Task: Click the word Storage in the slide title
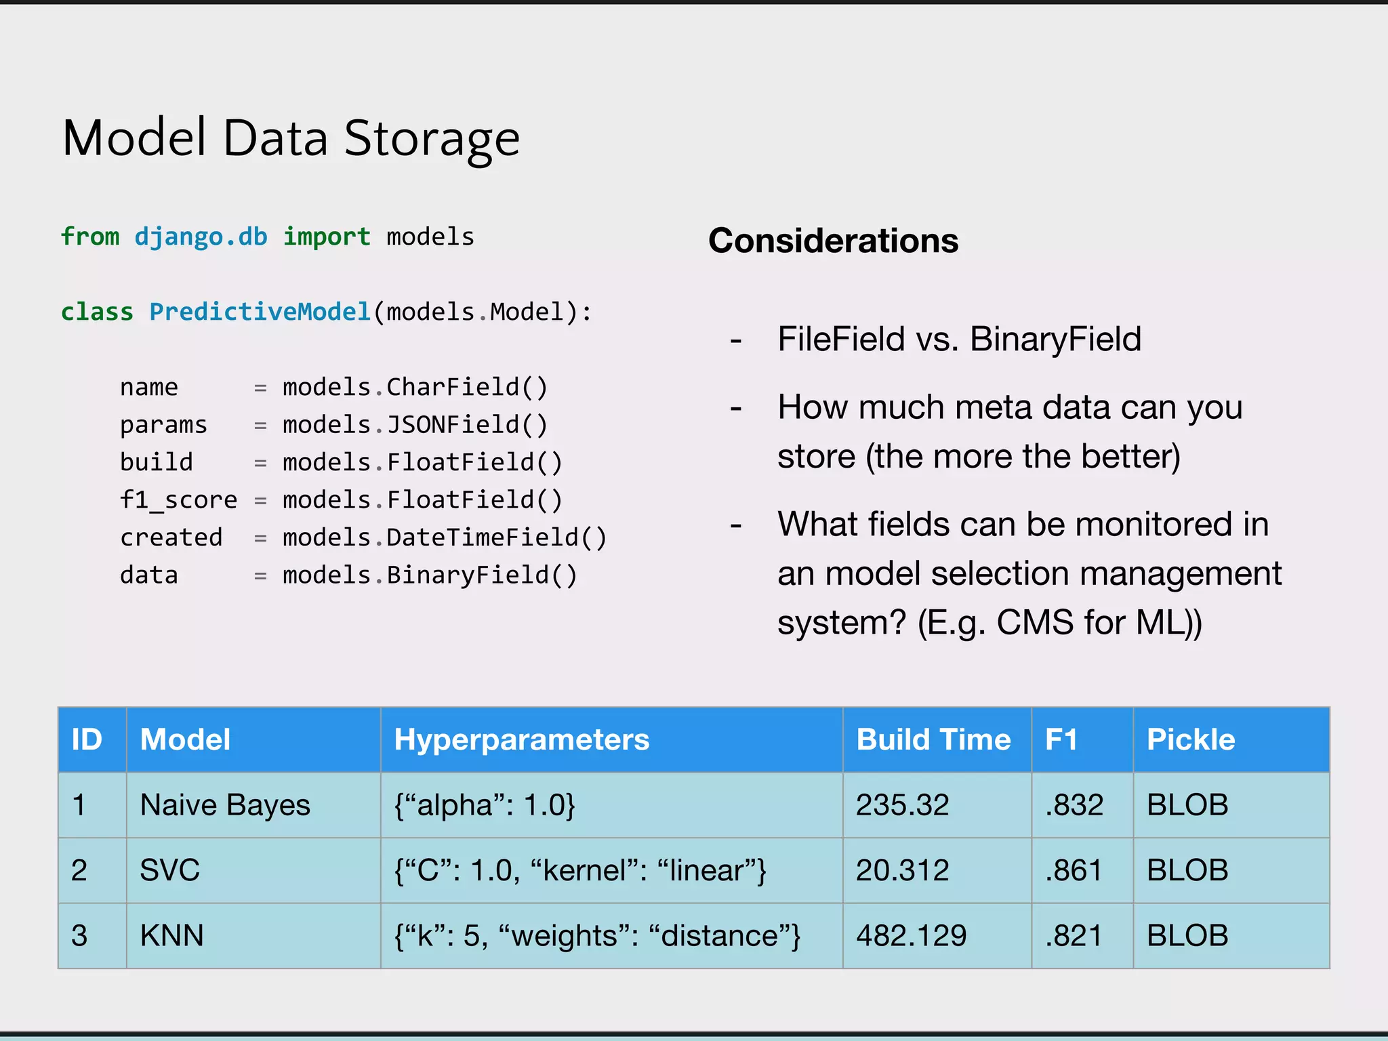tap(432, 139)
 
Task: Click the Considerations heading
tap(833, 241)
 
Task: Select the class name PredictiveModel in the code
tap(260, 312)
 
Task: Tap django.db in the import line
tap(201, 237)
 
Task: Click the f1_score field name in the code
tap(178, 500)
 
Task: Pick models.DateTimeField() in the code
tap(444, 537)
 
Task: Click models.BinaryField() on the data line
tap(429, 575)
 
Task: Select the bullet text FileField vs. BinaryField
tap(958, 339)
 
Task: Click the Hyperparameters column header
tap(521, 739)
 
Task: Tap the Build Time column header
tap(933, 739)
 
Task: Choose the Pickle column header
tap(1190, 739)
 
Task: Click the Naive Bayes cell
tap(225, 805)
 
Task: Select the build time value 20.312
tap(902, 870)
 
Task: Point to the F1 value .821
tap(1074, 936)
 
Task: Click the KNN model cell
tap(171, 936)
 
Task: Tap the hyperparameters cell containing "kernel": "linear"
tap(580, 870)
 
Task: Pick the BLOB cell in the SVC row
tap(1187, 870)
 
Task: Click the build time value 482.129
tap(911, 936)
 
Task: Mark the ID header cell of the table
tap(87, 739)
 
